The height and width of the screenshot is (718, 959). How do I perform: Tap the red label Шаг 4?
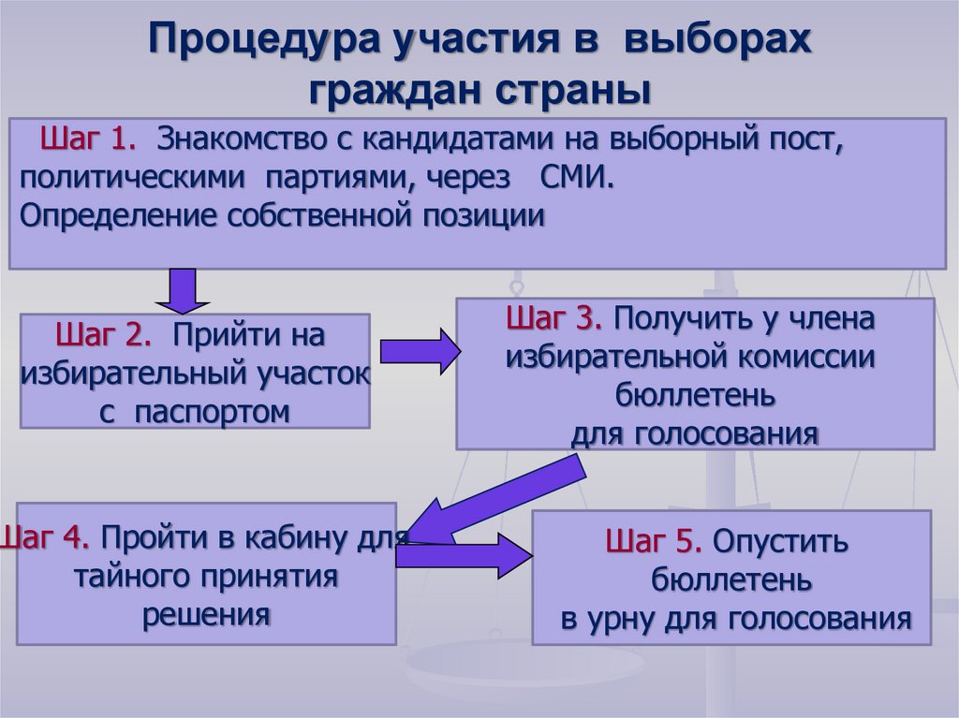tap(45, 538)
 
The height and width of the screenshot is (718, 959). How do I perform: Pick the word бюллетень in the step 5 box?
tap(731, 580)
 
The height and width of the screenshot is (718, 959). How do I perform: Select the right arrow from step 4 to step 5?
tap(464, 555)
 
